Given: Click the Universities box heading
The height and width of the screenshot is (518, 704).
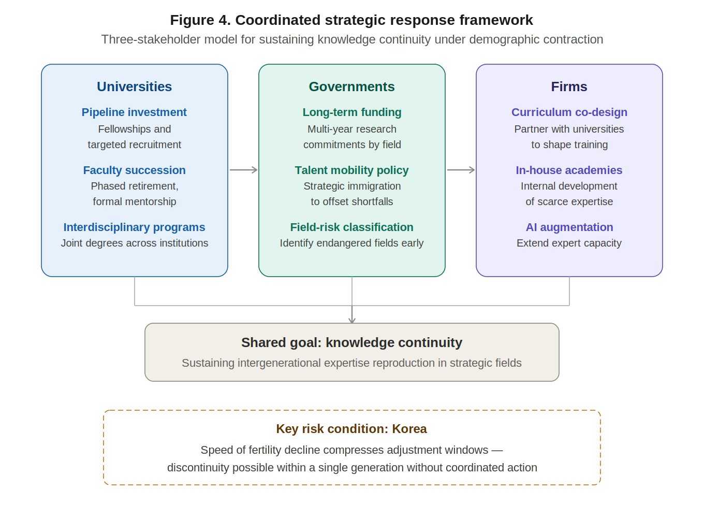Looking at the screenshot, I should pos(134,87).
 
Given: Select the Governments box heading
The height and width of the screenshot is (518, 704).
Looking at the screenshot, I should pos(351,87).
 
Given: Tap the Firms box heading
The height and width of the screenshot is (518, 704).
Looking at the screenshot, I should pos(569,87).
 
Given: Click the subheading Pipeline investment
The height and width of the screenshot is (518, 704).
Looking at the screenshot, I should pos(134,112).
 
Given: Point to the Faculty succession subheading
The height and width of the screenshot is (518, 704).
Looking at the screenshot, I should pos(134,170).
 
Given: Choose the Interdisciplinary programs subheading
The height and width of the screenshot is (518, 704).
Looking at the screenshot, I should pos(134,227).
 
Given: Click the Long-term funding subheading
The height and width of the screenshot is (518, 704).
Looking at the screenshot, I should pos(351,112).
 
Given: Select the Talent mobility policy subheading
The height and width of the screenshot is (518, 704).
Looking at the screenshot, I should pos(351,170).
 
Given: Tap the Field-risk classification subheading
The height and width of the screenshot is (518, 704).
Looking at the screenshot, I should pos(351,227).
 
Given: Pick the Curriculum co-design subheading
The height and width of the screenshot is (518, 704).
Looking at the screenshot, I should pos(569,112).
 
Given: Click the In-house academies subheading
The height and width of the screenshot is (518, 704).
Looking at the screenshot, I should pos(569,170).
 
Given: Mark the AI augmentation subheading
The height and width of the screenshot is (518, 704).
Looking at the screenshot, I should pos(569,227).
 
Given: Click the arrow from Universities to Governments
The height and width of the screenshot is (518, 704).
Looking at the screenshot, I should pos(243,170).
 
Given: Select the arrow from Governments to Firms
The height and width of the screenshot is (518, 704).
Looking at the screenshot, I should pos(461,170).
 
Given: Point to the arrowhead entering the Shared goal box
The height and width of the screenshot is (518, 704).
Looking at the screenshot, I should pos(352,320).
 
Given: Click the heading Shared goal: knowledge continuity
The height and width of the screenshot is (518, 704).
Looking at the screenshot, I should pos(351,343).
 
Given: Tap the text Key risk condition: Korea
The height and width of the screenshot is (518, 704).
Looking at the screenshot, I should pos(351,429).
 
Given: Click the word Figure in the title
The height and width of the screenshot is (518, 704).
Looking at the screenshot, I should pos(192,20).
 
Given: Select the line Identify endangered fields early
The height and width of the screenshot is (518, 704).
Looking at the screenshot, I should pos(351,243).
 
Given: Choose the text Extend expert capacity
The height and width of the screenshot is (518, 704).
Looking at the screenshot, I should pos(569,243).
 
